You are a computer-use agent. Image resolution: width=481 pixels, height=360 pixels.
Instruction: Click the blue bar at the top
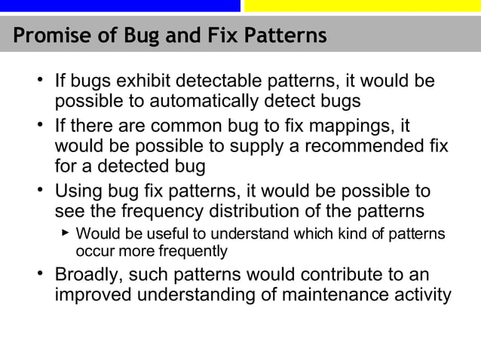pyautogui.click(x=120, y=5)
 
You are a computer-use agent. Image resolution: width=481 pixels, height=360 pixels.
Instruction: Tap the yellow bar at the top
pyautogui.click(x=362, y=5)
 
